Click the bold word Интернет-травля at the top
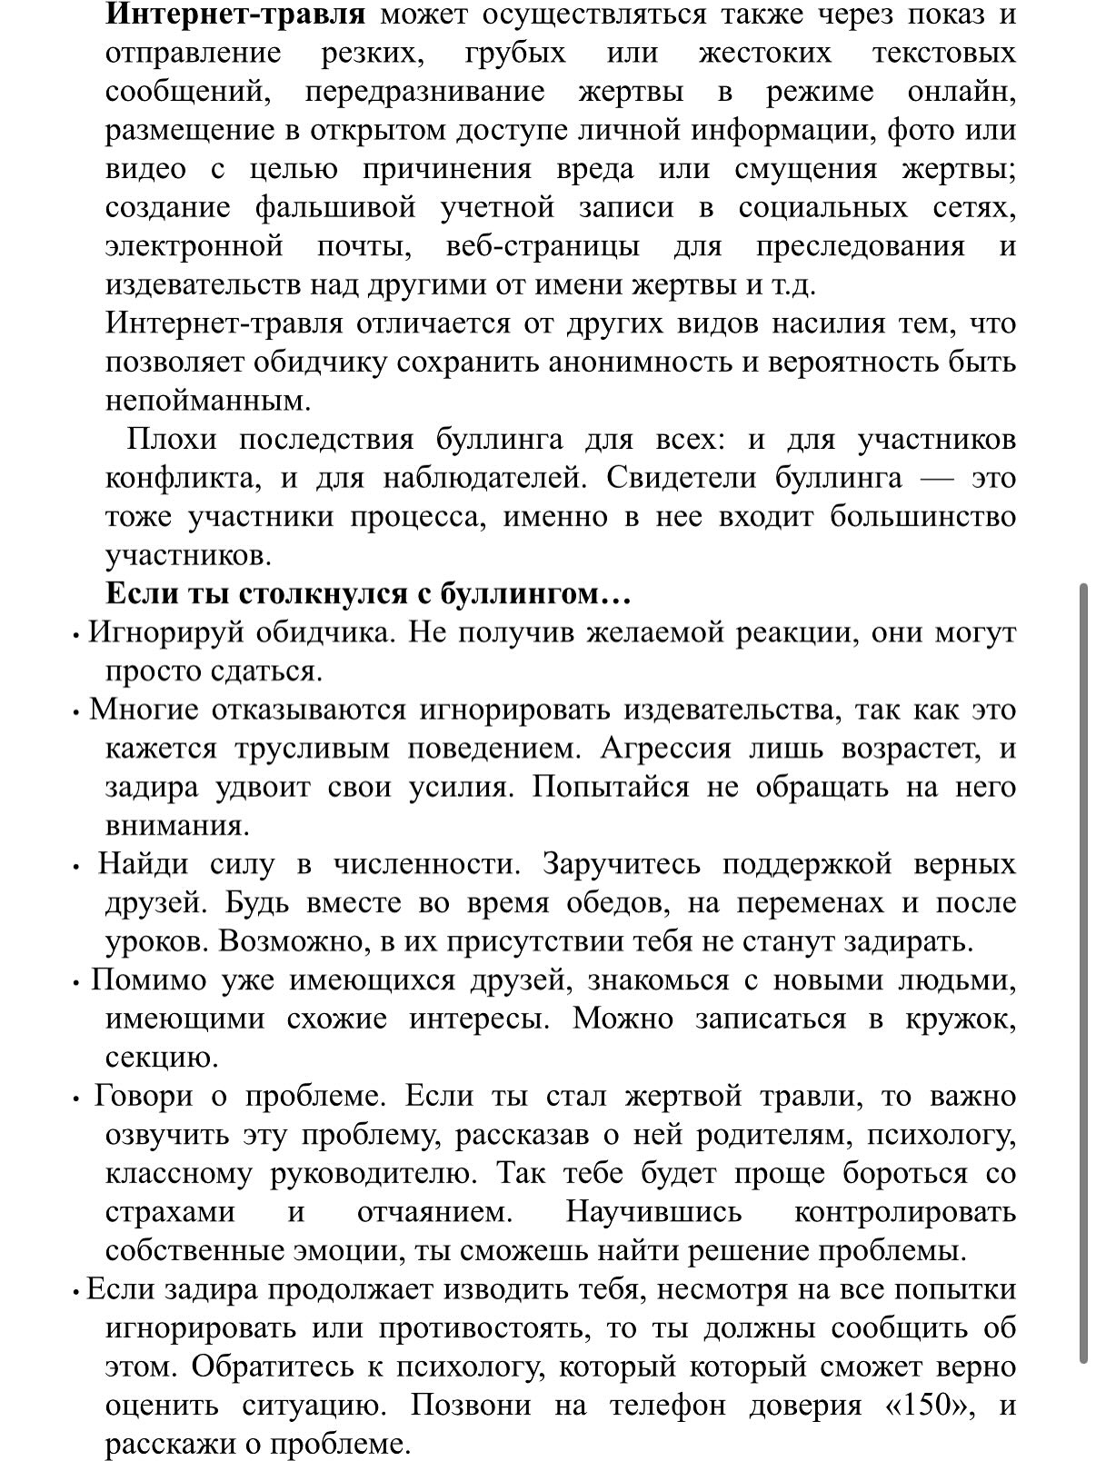(235, 15)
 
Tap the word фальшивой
(335, 208)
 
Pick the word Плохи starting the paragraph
(171, 440)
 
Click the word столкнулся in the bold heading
(323, 594)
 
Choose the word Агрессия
(665, 749)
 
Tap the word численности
(427, 864)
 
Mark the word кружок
(960, 1019)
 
